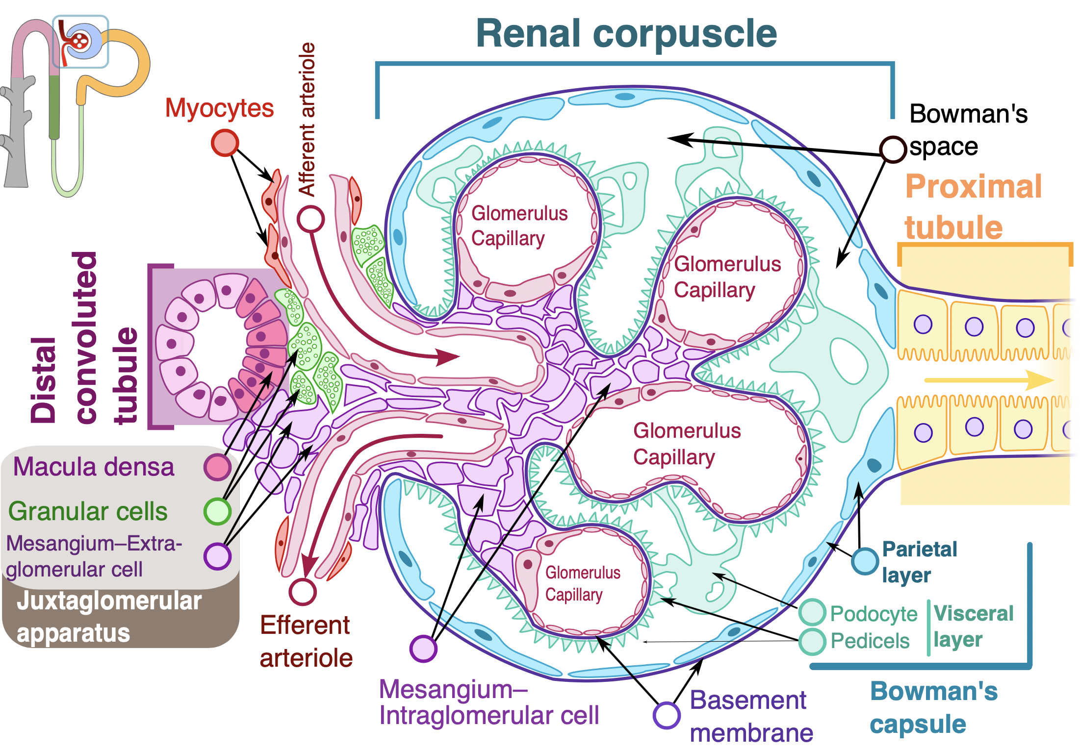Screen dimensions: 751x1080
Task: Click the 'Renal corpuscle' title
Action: pos(626,33)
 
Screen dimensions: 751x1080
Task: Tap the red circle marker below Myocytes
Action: pos(225,143)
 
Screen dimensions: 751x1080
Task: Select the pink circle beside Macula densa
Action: pos(217,467)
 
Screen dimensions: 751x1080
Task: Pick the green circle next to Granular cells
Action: pos(217,511)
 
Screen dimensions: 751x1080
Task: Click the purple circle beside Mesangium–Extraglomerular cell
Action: pos(217,556)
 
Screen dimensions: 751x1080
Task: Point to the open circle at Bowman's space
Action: pos(892,149)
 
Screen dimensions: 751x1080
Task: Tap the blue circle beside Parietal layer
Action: pos(865,561)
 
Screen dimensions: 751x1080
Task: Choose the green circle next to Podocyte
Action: pos(812,612)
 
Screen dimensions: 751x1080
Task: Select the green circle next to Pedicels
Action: pos(812,641)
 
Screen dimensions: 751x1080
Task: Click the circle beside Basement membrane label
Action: pos(667,715)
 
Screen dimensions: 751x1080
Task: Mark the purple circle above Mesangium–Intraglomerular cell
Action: pos(423,648)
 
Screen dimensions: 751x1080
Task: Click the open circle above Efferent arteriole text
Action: pos(303,592)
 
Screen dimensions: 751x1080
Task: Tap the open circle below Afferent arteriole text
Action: pos(311,219)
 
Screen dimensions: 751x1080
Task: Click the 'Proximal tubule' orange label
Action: pos(973,206)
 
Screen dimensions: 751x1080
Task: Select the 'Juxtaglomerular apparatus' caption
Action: pos(109,616)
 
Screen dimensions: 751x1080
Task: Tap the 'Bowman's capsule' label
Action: pos(933,707)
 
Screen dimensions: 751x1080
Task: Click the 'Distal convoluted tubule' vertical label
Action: pos(83,338)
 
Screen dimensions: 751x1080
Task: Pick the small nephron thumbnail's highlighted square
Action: pos(80,42)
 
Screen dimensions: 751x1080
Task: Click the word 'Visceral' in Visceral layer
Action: pos(973,613)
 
